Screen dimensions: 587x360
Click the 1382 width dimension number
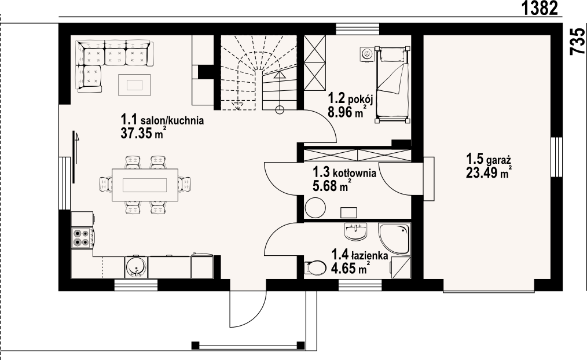tap(540, 8)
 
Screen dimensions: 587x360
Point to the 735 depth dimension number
tap(578, 41)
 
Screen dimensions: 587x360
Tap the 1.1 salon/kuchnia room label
tap(162, 120)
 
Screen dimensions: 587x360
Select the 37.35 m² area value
tap(143, 133)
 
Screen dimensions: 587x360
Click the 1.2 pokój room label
tap(350, 99)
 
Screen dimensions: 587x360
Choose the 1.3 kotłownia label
tap(344, 173)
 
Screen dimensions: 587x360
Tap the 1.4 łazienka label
tap(359, 256)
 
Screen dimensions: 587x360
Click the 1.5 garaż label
tap(489, 160)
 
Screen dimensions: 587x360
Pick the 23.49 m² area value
tap(489, 172)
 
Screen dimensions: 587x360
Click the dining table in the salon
tap(145, 185)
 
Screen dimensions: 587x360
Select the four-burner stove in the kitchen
tap(82, 238)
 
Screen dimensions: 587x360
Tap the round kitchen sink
tap(135, 267)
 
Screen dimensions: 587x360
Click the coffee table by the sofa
tap(134, 85)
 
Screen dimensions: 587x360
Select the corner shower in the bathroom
tap(394, 239)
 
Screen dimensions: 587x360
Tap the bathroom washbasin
tap(355, 232)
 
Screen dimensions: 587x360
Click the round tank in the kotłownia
tap(315, 207)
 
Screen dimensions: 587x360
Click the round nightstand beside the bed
tap(367, 54)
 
